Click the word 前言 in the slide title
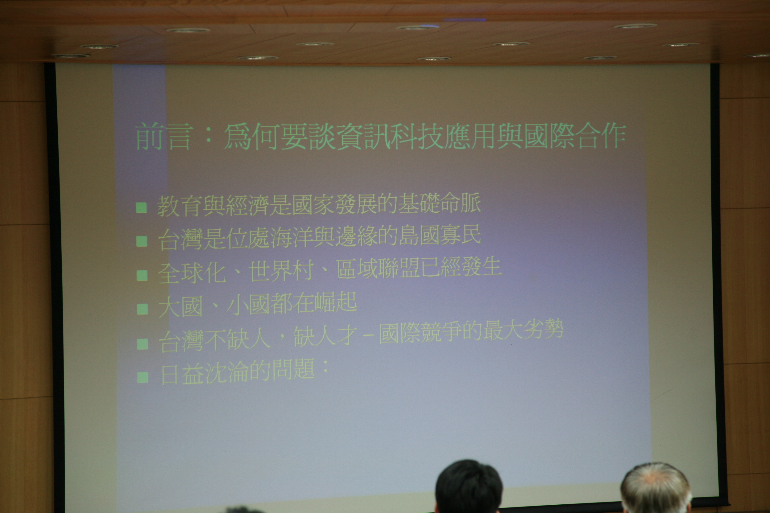[x=163, y=137]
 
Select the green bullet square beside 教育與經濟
[x=141, y=207]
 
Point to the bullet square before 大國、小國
[x=143, y=309]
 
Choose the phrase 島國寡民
[x=440, y=235]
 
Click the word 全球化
[x=192, y=273]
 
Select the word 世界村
[x=281, y=271]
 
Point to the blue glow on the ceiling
[x=465, y=20]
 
